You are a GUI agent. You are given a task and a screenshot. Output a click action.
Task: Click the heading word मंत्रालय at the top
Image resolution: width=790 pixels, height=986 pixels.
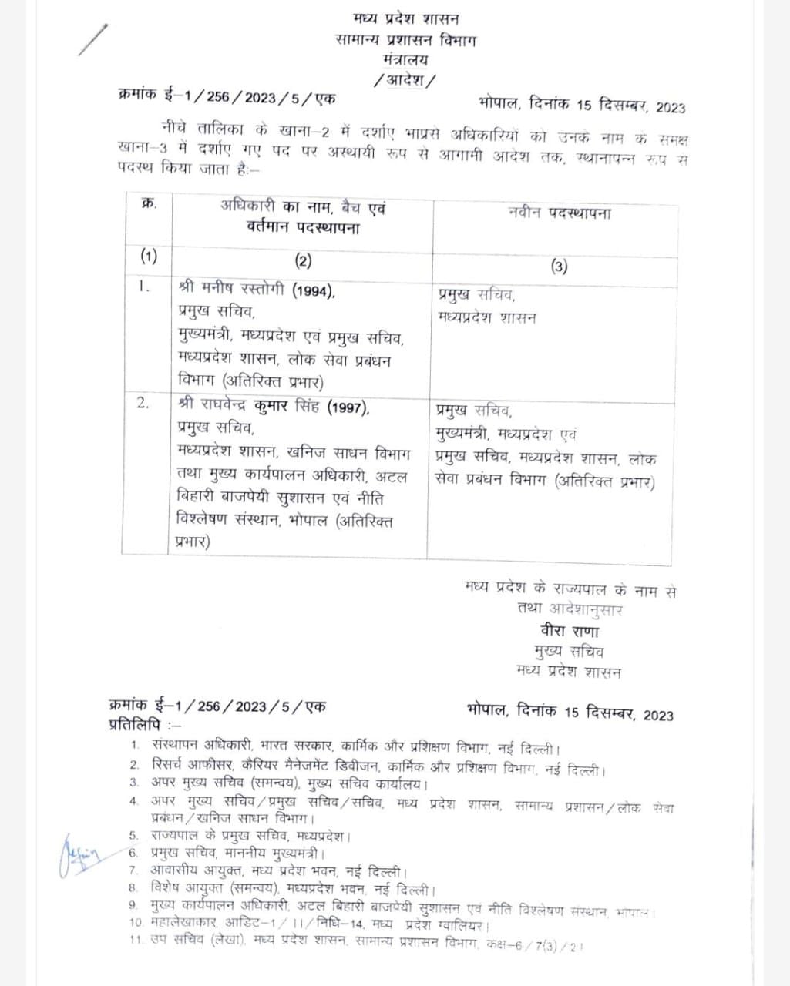click(x=406, y=59)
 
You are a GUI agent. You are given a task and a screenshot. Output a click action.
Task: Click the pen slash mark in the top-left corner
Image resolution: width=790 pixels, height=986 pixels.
click(x=93, y=39)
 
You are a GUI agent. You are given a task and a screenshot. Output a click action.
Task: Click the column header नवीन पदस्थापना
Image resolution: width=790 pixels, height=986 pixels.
click(x=560, y=213)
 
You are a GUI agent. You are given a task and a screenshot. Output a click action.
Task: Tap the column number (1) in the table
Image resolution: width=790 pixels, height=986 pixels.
click(x=148, y=258)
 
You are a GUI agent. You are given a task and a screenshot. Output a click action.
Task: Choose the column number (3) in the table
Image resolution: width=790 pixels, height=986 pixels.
click(x=560, y=267)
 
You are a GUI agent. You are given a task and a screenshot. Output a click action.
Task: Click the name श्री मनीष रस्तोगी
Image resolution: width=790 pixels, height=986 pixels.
click(x=232, y=290)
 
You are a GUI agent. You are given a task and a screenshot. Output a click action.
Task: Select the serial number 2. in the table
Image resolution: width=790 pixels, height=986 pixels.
click(x=143, y=402)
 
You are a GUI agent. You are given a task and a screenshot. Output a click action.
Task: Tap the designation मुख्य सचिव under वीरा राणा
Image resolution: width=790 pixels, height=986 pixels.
click(x=570, y=651)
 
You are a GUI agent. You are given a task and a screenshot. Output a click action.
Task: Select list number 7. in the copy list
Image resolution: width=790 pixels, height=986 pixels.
click(x=133, y=871)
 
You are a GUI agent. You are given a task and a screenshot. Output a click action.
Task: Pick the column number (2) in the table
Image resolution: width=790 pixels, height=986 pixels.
click(x=302, y=260)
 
